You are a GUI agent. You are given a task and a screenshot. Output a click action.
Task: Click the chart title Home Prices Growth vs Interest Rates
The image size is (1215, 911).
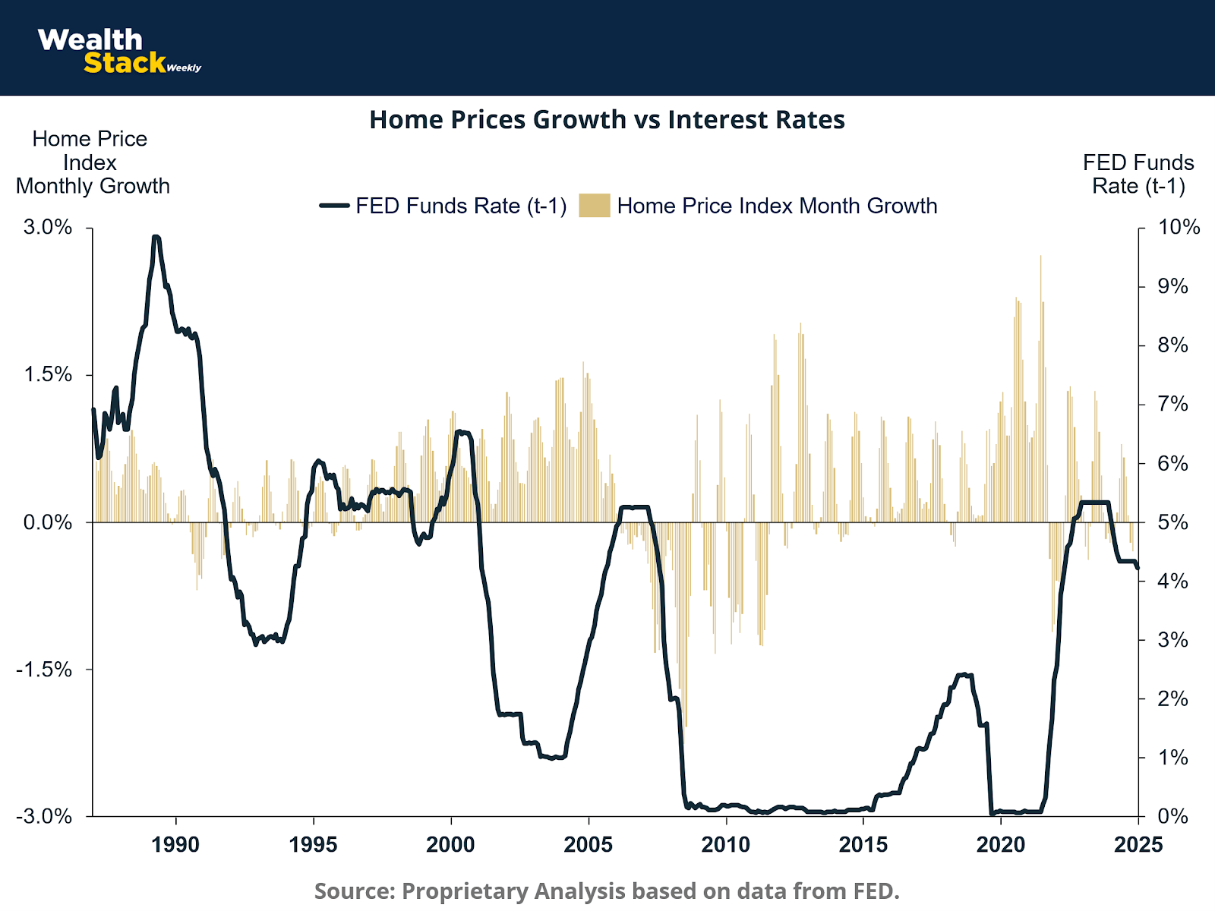[x=607, y=120]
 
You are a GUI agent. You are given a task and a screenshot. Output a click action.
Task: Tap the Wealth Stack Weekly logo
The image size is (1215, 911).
[x=118, y=51]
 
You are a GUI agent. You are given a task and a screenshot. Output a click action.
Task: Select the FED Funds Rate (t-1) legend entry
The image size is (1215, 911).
[x=443, y=206]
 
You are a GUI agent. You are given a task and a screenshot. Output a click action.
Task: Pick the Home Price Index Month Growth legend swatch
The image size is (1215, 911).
[x=594, y=206]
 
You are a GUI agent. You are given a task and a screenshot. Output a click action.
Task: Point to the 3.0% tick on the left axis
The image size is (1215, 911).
[x=48, y=227]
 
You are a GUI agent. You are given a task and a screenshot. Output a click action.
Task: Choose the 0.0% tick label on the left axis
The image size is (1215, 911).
[x=48, y=522]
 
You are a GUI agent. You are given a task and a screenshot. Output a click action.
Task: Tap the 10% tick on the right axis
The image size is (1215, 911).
[x=1179, y=227]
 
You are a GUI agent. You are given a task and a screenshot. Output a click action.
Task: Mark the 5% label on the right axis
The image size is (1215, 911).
[x=1172, y=522]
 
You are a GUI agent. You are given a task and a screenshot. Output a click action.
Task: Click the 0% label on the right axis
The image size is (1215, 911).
[x=1172, y=817]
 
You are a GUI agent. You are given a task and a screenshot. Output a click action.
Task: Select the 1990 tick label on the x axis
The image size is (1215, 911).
[x=175, y=845]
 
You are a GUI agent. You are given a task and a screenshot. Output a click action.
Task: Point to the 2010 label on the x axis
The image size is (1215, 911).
[x=726, y=845]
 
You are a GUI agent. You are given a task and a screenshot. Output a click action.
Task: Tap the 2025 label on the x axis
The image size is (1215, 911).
[x=1138, y=845]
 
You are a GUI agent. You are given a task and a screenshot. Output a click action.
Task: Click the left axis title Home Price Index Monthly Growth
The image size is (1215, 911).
[x=92, y=162]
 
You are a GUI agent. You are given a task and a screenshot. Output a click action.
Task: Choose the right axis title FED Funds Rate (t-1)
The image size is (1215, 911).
[x=1138, y=175]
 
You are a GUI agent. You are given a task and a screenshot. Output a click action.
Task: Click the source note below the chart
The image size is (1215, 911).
[x=607, y=891]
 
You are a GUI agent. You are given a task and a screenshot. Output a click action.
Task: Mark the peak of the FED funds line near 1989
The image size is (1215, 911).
[x=156, y=238]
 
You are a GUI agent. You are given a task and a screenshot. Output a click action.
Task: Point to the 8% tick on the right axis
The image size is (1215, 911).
[x=1172, y=345]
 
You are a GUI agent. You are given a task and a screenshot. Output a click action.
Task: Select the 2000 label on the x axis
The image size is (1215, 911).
[x=451, y=845]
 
